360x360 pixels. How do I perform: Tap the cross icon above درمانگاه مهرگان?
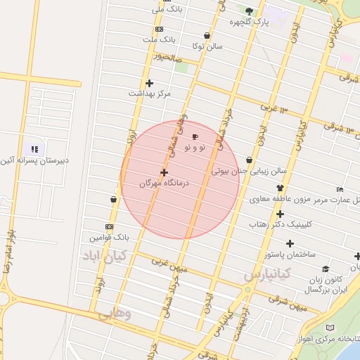164,172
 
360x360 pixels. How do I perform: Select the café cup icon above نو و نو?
195,136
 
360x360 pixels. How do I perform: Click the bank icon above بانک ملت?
159,29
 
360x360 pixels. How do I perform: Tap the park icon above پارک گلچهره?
249,11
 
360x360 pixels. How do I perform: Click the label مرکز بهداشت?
149,93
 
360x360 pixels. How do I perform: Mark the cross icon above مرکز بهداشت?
149,83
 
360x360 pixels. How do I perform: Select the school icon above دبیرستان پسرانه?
34,149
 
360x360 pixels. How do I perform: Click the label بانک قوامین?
110,238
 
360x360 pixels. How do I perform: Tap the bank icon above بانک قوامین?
109,226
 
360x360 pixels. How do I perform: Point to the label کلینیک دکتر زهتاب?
279,224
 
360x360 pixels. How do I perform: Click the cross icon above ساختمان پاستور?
290,243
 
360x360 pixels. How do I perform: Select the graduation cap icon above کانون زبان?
325,269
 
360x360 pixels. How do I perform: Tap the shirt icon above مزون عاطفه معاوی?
280,188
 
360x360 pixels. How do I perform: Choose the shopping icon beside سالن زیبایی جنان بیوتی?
250,160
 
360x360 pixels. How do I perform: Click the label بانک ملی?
169,10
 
